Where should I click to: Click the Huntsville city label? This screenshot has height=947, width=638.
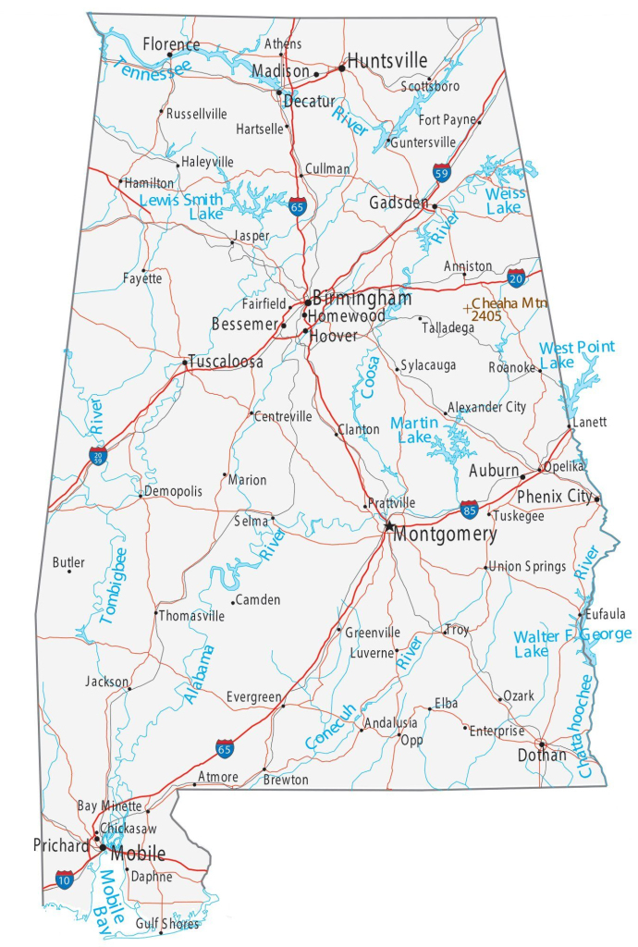387,61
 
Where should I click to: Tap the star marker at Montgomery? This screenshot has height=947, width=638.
389,526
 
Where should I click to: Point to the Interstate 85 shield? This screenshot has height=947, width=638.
469,509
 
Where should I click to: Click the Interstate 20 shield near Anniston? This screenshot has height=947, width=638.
517,277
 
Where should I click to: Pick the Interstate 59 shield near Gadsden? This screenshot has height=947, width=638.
443,172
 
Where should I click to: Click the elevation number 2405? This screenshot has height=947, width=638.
485,316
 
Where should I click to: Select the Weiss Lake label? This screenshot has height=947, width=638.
505,201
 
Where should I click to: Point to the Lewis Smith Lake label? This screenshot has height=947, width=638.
181,206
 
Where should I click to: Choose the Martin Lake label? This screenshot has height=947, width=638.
413,429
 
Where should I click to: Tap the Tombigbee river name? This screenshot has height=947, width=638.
113,585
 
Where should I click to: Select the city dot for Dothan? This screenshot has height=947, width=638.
542,744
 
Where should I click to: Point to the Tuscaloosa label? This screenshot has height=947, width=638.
226,362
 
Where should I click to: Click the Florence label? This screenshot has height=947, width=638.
171,44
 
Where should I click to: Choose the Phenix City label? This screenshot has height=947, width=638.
555,497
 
